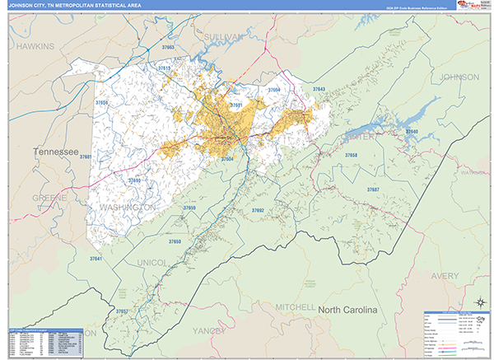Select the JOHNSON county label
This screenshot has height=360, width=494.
point(460,77)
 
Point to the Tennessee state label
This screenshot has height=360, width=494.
point(55,153)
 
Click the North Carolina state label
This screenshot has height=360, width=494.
point(347,310)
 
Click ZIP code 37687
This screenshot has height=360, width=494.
point(373,189)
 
